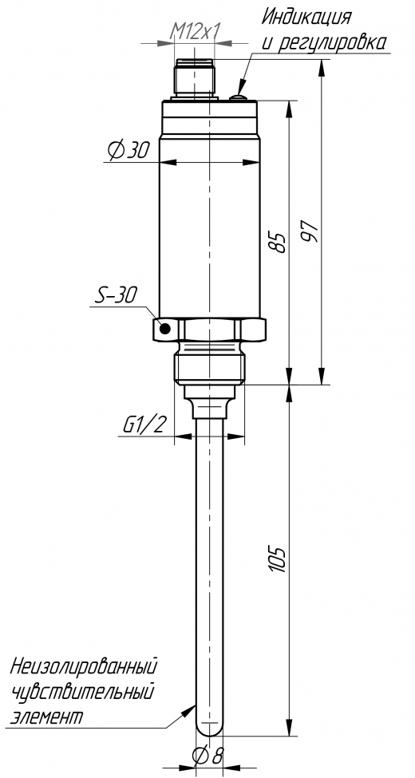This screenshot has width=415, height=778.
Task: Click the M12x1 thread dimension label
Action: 195,32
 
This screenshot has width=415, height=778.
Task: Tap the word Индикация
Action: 306,18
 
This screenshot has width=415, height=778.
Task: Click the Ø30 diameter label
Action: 128,150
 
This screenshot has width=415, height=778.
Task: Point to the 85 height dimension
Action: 279,242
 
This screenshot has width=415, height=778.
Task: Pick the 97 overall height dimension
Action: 310,231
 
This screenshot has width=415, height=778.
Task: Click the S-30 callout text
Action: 114,296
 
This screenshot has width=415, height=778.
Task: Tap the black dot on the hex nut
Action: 165,329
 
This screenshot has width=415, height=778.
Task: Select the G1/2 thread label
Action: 143,425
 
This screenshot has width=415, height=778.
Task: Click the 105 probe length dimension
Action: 279,560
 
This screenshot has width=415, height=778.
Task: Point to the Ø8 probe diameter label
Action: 208,756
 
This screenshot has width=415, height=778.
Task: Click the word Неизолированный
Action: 84,665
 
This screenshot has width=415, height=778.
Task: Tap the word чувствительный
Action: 82,691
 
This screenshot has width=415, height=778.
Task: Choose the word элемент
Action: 46,717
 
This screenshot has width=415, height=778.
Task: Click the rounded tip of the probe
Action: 209,729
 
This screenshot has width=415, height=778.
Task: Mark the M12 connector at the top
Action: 195,78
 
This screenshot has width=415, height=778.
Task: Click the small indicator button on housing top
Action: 239,97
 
